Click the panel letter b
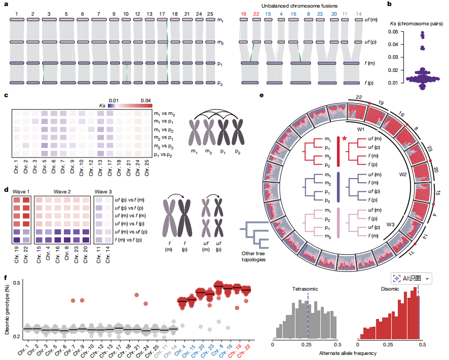coord(389,4)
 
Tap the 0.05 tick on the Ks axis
coord(393,32)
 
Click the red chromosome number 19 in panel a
coord(243,14)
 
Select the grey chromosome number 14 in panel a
coord(358,14)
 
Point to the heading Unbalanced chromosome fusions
coord(299,6)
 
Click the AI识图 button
coord(411,278)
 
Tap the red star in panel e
coord(345,138)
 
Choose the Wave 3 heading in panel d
coord(103,191)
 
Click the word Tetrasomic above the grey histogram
coord(305,289)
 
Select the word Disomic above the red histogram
coord(390,289)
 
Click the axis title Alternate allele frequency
coord(348,353)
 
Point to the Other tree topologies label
coord(253,256)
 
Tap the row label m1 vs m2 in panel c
coord(164,114)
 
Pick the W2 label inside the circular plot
coord(402,174)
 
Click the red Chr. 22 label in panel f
coord(244,350)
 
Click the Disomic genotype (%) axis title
coord(7,310)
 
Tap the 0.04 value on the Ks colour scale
coord(146,100)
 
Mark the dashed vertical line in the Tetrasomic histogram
coord(308,315)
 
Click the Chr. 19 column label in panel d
coord(17,255)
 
